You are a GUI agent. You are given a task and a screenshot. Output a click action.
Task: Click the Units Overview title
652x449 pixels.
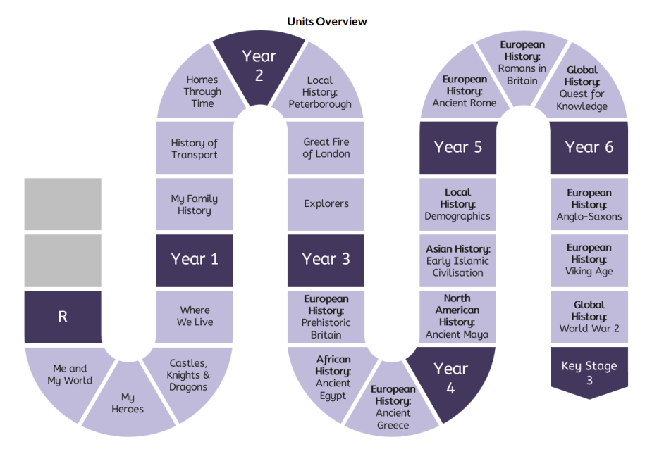(327, 22)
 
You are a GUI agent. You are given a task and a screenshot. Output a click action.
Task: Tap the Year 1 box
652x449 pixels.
(194, 260)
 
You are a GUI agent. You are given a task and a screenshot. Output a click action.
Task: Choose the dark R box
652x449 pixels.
(63, 317)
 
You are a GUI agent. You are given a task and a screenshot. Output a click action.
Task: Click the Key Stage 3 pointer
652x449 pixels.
(589, 372)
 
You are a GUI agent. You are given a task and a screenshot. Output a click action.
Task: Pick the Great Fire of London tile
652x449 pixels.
(326, 148)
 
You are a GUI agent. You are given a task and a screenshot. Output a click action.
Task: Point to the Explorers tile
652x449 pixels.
(326, 204)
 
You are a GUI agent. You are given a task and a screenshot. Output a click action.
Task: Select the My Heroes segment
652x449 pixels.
(128, 402)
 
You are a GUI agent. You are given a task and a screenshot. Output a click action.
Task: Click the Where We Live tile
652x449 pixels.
(194, 317)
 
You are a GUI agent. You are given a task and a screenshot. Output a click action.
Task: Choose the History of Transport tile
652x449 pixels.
(194, 148)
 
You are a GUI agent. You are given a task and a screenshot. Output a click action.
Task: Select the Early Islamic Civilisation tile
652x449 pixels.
(457, 260)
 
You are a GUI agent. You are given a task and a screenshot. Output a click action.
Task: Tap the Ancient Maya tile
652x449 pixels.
(457, 317)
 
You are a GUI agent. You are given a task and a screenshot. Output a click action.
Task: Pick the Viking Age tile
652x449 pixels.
(589, 260)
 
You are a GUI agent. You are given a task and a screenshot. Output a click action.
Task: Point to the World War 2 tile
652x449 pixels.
(589, 317)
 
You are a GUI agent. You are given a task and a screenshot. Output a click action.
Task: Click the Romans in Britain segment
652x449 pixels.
(522, 64)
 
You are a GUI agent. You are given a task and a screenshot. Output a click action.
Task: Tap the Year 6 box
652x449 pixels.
(589, 148)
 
